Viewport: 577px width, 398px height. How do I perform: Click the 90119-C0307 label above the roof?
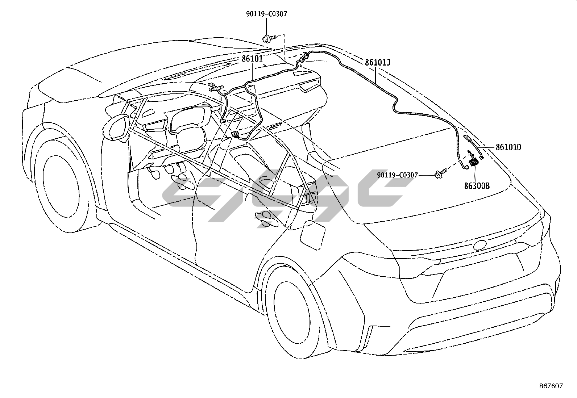coord(266,14)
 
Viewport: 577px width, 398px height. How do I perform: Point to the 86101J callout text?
coord(377,62)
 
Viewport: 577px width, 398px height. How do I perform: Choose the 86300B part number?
coord(477,186)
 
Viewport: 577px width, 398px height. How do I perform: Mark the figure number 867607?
coord(551,386)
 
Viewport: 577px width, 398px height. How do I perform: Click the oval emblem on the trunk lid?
coord(481,246)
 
